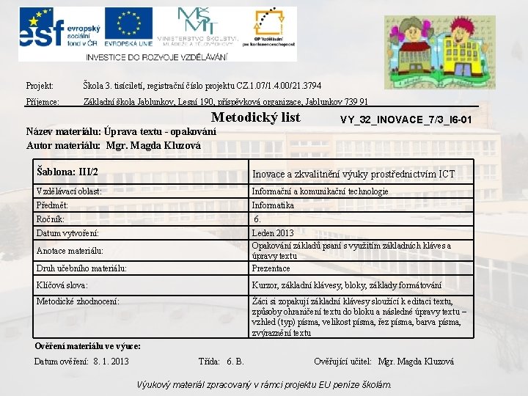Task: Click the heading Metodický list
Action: click(255, 118)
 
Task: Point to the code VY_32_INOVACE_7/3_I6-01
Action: click(406, 120)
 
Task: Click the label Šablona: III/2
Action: click(67, 172)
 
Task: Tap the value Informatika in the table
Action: click(273, 205)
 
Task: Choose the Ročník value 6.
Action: click(257, 219)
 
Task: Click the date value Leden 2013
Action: click(273, 233)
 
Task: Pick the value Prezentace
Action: click(271, 268)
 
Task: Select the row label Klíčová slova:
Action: click(62, 285)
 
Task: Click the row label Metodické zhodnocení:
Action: click(78, 301)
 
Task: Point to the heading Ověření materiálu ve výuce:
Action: click(88, 345)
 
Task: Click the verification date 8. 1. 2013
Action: click(111, 362)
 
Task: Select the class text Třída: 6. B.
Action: click(221, 362)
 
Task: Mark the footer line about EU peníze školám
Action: click(264, 384)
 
